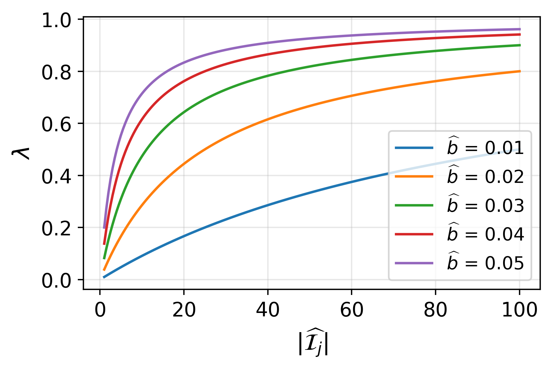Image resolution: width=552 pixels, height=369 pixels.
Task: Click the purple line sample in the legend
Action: point(414,263)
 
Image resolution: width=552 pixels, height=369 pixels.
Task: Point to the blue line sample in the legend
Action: point(414,147)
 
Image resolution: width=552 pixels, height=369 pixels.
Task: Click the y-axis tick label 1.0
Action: point(56,21)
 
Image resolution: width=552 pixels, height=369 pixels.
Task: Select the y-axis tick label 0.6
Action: point(56,125)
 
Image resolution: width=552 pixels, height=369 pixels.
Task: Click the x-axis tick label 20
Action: point(184,310)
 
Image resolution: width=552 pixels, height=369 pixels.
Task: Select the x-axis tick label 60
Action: point(352,310)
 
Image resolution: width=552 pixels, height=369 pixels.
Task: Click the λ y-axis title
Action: point(22,153)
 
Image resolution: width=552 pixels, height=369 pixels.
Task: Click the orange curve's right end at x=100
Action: point(519,71)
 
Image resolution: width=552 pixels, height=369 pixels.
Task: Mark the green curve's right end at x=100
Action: point(519,45)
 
